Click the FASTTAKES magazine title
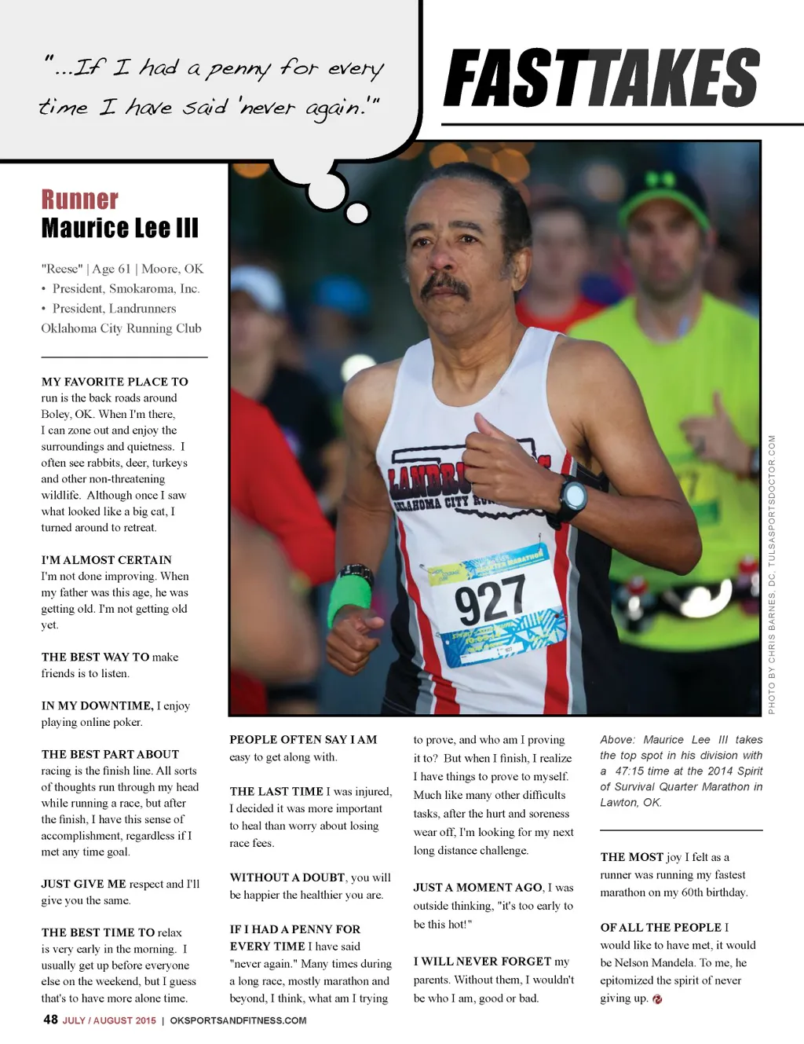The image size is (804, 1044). (x=601, y=78)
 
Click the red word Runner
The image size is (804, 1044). (x=79, y=200)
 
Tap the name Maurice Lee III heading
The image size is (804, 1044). (x=119, y=229)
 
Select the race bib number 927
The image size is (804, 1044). (x=490, y=600)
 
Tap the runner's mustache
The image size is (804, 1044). (x=445, y=284)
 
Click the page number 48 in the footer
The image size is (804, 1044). (x=50, y=1020)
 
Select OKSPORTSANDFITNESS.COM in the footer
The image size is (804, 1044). (x=238, y=1020)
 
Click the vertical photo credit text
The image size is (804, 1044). (x=772, y=573)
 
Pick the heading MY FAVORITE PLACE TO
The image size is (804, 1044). (x=115, y=382)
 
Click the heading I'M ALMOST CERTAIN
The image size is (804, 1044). (x=106, y=560)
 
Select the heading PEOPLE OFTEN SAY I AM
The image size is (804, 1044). (x=303, y=739)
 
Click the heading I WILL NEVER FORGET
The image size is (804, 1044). (x=482, y=962)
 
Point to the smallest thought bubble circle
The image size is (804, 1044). (x=357, y=212)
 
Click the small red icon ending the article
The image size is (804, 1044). (x=657, y=999)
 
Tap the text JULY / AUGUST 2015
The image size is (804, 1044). (x=109, y=1020)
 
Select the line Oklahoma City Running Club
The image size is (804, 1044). (x=121, y=328)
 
